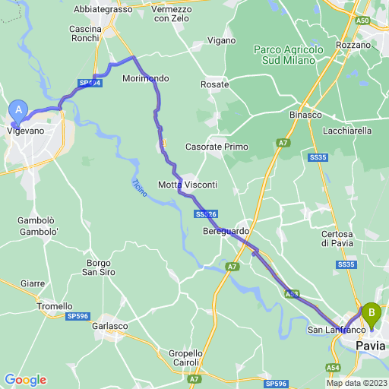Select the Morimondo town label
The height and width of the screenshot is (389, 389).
146,78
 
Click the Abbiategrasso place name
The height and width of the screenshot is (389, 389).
103,9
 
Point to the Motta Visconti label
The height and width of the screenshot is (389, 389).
187,185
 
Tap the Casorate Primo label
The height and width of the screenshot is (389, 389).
217,147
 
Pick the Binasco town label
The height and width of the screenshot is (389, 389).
305,115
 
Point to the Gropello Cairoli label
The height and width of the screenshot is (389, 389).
185,358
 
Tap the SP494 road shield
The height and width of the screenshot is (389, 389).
90,83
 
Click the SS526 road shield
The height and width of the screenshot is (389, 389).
204,215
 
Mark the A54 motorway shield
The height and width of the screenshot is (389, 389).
333,367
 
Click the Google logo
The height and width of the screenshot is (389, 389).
25,380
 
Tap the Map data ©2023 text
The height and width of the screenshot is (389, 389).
356,383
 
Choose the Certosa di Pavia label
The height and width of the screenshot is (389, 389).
337,238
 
